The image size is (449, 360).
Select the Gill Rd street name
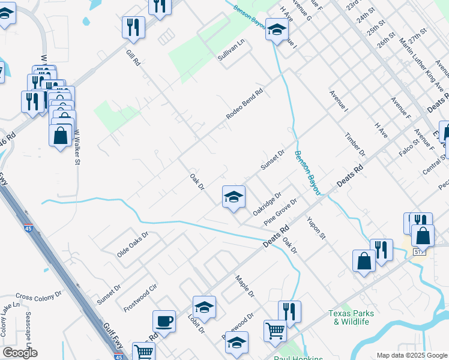(x=133, y=59)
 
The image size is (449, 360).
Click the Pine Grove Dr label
(x=280, y=213)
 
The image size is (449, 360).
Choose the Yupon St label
(x=316, y=227)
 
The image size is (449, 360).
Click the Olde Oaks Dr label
(x=132, y=245)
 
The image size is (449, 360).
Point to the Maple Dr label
(x=245, y=287)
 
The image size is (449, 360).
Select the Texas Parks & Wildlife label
(x=351, y=317)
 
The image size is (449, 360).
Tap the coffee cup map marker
(x=164, y=321)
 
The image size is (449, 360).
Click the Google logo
(x=20, y=353)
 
